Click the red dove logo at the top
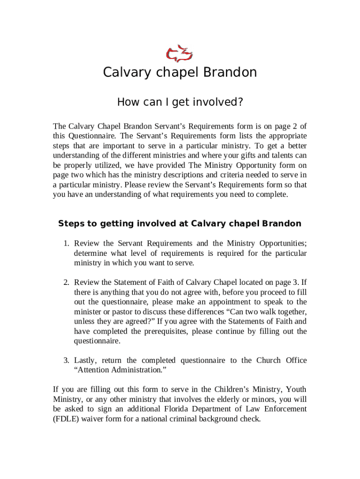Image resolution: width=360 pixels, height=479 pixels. point(180,54)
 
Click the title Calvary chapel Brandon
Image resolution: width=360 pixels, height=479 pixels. point(180,73)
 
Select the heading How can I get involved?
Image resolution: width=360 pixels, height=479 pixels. point(180,102)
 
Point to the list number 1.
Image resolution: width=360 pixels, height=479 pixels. point(66,243)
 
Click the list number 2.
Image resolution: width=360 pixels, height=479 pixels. point(66,282)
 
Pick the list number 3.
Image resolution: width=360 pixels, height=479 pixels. point(66,360)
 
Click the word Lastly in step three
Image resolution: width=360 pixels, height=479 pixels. point(86,360)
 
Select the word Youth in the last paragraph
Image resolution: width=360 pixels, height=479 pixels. point(296,389)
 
